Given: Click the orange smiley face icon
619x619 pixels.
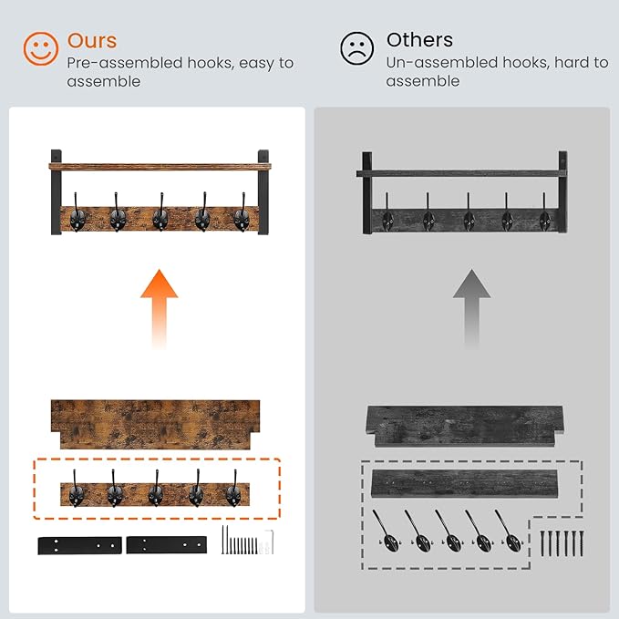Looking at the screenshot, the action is click(41, 48).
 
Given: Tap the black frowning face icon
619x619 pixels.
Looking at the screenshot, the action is click(356, 48).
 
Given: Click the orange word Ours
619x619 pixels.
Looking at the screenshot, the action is click(92, 40).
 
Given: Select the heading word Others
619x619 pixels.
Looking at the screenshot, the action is click(419, 40).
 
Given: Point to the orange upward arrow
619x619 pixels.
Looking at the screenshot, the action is click(160, 308).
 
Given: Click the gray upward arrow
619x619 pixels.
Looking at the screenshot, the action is click(471, 308).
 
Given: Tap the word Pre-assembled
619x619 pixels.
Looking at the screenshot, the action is click(125, 63).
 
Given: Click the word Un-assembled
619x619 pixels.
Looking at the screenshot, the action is click(440, 62).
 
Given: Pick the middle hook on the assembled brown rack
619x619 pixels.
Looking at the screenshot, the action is click(160, 212).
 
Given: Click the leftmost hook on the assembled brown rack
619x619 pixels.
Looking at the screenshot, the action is click(77, 212).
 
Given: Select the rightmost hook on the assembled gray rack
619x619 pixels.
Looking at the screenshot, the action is click(544, 212).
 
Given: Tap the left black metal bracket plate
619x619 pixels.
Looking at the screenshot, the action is click(79, 545).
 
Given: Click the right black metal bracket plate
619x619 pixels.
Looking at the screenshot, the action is click(167, 545).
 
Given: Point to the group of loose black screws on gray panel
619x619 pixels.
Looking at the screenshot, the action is click(562, 543).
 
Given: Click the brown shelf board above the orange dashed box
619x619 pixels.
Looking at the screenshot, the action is click(156, 425).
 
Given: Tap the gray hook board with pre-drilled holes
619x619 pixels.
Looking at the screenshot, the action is click(465, 483).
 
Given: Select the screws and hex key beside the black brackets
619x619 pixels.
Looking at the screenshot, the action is click(248, 540).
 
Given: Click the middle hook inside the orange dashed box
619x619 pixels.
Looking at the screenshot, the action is click(156, 489).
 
